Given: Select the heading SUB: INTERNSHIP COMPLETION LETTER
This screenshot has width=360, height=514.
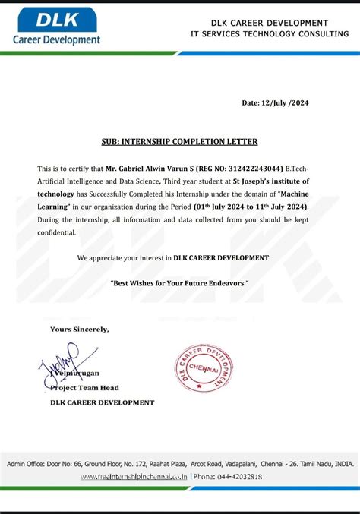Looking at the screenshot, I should [179, 141].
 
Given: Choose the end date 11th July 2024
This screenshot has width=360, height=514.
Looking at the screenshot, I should [280, 207].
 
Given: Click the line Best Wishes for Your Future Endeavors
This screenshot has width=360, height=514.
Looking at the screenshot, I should [179, 282].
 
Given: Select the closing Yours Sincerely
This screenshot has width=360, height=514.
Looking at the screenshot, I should [79, 329].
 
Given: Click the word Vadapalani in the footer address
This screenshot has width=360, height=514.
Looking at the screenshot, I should [245, 462].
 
